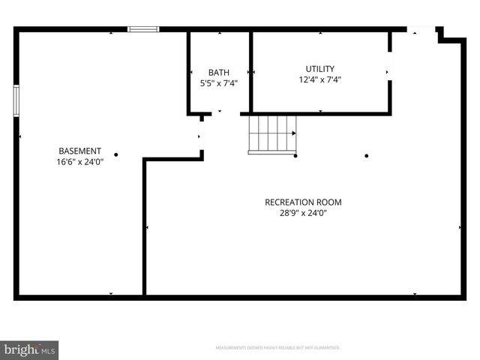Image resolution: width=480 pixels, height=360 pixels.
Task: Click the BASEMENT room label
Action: pyautogui.click(x=79, y=151)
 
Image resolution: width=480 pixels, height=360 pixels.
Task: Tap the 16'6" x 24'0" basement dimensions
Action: pyautogui.click(x=79, y=161)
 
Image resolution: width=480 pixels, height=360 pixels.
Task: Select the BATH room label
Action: pyautogui.click(x=219, y=73)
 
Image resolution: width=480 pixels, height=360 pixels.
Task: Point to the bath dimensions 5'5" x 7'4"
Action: pyautogui.click(x=219, y=83)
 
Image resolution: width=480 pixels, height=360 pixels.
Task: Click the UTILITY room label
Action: pyautogui.click(x=319, y=68)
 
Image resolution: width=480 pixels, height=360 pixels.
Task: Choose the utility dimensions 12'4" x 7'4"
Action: pyautogui.click(x=319, y=79)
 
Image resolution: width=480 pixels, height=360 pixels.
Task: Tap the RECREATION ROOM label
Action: pyautogui.click(x=303, y=202)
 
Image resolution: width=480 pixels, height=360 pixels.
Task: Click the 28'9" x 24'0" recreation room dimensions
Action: pyautogui.click(x=303, y=212)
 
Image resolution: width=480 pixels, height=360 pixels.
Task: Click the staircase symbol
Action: pyautogui.click(x=272, y=134)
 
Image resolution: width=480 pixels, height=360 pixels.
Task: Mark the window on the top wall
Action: pyautogui.click(x=143, y=29)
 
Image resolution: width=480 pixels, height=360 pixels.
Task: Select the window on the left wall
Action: pyautogui.click(x=16, y=100)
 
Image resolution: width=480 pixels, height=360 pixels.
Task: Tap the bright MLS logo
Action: pyautogui.click(x=29, y=349)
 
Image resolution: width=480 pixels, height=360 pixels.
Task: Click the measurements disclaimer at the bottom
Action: pyautogui.click(x=277, y=348)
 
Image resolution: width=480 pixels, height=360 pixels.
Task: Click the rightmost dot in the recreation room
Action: pyautogui.click(x=367, y=156)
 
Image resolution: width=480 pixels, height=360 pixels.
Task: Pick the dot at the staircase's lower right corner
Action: pyautogui.click(x=296, y=156)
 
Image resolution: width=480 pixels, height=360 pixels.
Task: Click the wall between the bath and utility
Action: pyautogui.click(x=250, y=72)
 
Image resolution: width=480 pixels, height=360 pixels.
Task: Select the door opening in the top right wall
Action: pyautogui.click(x=422, y=30)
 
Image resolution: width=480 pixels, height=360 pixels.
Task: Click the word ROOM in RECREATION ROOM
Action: pyautogui.click(x=330, y=202)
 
